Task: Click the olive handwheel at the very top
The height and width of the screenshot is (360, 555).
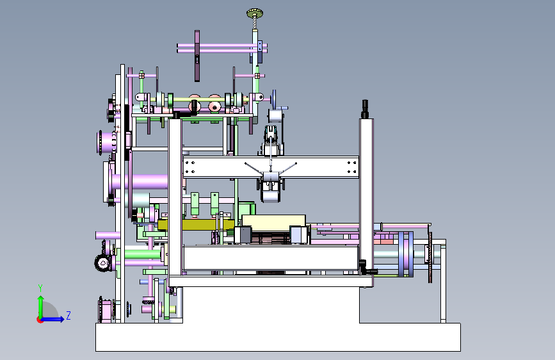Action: (x=255, y=14)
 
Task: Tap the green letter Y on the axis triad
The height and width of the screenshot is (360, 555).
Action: (x=40, y=288)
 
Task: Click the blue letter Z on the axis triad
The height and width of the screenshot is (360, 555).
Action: (x=68, y=315)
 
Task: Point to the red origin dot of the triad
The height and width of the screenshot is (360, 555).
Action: (x=40, y=320)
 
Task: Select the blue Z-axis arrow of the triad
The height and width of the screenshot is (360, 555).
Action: (x=53, y=319)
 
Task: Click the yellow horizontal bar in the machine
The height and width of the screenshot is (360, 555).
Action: (x=196, y=225)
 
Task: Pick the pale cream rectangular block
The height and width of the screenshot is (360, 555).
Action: (x=273, y=221)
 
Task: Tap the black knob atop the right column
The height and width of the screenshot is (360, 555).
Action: (x=365, y=109)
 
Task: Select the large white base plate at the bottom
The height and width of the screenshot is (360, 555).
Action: (x=278, y=337)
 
